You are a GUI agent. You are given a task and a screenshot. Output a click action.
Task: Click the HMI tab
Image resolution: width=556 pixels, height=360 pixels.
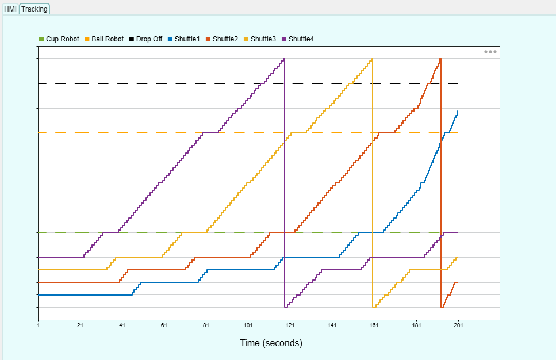10,9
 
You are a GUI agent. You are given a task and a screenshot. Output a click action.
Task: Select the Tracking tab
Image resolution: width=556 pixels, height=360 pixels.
34,9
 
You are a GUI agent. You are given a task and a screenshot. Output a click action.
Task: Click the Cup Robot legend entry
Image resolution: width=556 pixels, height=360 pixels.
59,39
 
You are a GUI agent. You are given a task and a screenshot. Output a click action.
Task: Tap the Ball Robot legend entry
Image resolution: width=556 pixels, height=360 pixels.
104,39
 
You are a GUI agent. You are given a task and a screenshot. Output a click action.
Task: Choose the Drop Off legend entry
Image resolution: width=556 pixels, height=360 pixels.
145,39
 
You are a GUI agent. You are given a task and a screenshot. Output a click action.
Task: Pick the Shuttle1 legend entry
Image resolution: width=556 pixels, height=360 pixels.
183,39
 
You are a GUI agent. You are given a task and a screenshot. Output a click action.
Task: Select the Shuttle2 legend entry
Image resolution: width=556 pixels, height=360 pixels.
221,39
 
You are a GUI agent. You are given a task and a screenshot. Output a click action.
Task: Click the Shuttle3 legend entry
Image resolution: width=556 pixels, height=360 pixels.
259,39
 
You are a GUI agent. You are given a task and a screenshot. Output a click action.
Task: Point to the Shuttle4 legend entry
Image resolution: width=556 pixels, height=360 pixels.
297,39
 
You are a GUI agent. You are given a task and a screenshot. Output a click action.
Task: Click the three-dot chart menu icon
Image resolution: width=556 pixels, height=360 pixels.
490,52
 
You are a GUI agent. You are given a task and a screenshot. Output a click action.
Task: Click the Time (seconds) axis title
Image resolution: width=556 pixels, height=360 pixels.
271,343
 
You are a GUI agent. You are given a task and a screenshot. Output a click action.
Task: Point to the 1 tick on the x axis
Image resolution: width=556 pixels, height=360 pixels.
39,325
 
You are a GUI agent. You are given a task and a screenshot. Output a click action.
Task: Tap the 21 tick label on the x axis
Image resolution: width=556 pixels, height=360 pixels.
80,325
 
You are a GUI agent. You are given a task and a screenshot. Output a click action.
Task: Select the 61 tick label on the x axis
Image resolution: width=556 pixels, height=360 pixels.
164,325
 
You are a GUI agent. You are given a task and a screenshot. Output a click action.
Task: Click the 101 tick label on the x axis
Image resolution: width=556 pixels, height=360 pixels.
248,325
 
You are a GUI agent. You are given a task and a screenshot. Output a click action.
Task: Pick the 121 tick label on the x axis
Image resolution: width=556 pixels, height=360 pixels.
290,325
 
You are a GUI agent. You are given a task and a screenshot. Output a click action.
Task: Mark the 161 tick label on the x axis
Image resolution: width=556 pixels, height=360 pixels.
374,325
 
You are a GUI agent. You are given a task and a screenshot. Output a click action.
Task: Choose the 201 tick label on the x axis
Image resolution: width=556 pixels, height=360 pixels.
458,325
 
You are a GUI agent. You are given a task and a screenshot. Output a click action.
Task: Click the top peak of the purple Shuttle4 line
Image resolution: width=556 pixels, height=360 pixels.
284,59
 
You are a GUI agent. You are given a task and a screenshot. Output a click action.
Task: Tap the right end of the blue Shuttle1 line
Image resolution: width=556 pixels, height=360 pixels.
458,111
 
